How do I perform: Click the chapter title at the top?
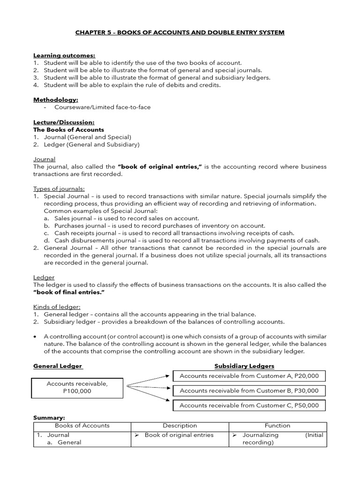[180, 32]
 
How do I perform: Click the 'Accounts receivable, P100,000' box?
[77, 387]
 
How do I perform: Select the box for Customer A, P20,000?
[249, 376]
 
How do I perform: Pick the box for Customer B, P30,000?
[249, 390]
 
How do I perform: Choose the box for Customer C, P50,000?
[249, 405]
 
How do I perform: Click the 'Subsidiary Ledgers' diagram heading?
[244, 366]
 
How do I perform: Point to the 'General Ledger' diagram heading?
[58, 366]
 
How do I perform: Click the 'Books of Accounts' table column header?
[82, 426]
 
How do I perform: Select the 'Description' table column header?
[180, 426]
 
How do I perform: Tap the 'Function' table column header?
[277, 426]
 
